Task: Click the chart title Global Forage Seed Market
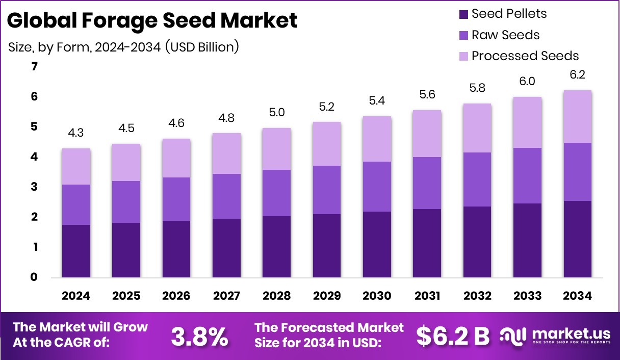(152, 21)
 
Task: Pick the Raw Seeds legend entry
(505, 35)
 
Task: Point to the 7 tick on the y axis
(35, 67)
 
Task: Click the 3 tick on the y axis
(35, 187)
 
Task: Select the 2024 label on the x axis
(76, 296)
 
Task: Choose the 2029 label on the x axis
(327, 296)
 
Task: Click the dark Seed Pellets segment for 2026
(176, 249)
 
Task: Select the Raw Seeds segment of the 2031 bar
(427, 183)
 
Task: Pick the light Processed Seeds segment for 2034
(578, 117)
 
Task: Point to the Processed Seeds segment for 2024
(76, 167)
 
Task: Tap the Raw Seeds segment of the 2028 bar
(277, 193)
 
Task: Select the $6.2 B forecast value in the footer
(452, 336)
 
